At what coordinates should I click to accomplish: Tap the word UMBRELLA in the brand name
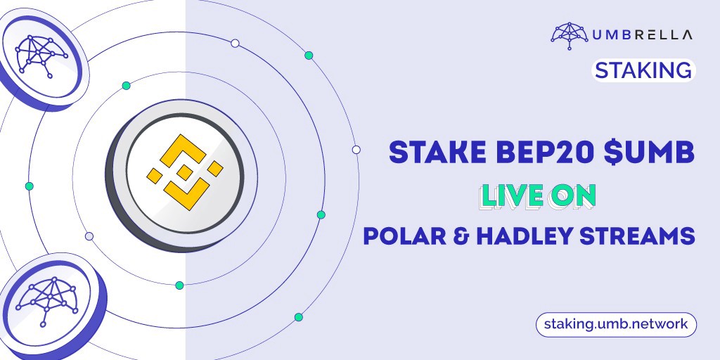(643, 34)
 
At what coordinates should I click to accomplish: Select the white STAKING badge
(643, 70)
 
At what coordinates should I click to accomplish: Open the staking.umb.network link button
(616, 324)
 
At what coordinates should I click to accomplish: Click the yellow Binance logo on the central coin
(185, 172)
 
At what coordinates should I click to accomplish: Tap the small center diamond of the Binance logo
(185, 173)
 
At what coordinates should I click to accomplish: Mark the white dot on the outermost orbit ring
(356, 150)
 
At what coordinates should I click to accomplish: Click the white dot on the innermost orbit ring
(89, 236)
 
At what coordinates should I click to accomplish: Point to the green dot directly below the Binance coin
(179, 285)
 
